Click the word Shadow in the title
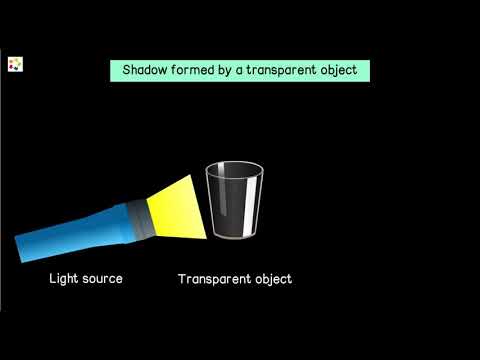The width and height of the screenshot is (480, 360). coord(146,71)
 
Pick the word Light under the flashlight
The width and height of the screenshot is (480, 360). coord(66,278)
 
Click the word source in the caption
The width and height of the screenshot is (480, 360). coord(104,278)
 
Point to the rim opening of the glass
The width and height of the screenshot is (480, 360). coord(234,170)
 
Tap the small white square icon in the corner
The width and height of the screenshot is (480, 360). coord(15,64)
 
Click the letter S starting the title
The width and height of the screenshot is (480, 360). coord(127,71)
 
